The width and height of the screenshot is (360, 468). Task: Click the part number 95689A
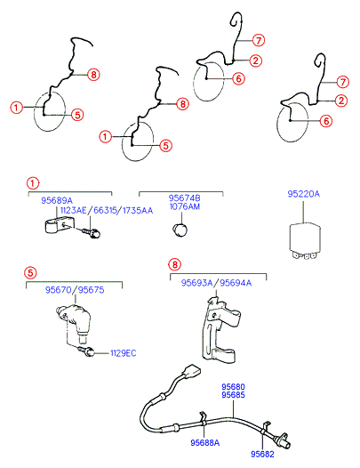(x=57, y=200)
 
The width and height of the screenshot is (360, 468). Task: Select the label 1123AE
(x=73, y=210)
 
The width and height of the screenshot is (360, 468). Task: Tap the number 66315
(x=105, y=210)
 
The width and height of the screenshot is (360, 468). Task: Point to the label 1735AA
(x=138, y=210)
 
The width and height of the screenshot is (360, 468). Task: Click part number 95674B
(x=185, y=198)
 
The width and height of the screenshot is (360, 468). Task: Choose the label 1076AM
(x=185, y=206)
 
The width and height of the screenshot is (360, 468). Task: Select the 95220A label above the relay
(x=303, y=194)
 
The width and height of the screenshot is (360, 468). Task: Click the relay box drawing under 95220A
(x=305, y=241)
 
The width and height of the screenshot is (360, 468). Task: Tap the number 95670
(x=58, y=290)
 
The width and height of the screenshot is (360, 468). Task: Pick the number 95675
(x=91, y=290)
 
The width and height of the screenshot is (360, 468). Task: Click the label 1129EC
(x=124, y=353)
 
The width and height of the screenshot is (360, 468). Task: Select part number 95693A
(x=196, y=283)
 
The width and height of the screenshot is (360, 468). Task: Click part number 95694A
(x=236, y=283)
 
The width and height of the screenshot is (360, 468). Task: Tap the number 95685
(x=233, y=395)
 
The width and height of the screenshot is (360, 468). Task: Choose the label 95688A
(x=205, y=442)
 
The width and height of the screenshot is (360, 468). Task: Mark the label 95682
(x=262, y=454)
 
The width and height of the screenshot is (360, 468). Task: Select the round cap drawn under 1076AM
(x=180, y=230)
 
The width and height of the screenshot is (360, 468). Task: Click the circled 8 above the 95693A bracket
(x=175, y=264)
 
